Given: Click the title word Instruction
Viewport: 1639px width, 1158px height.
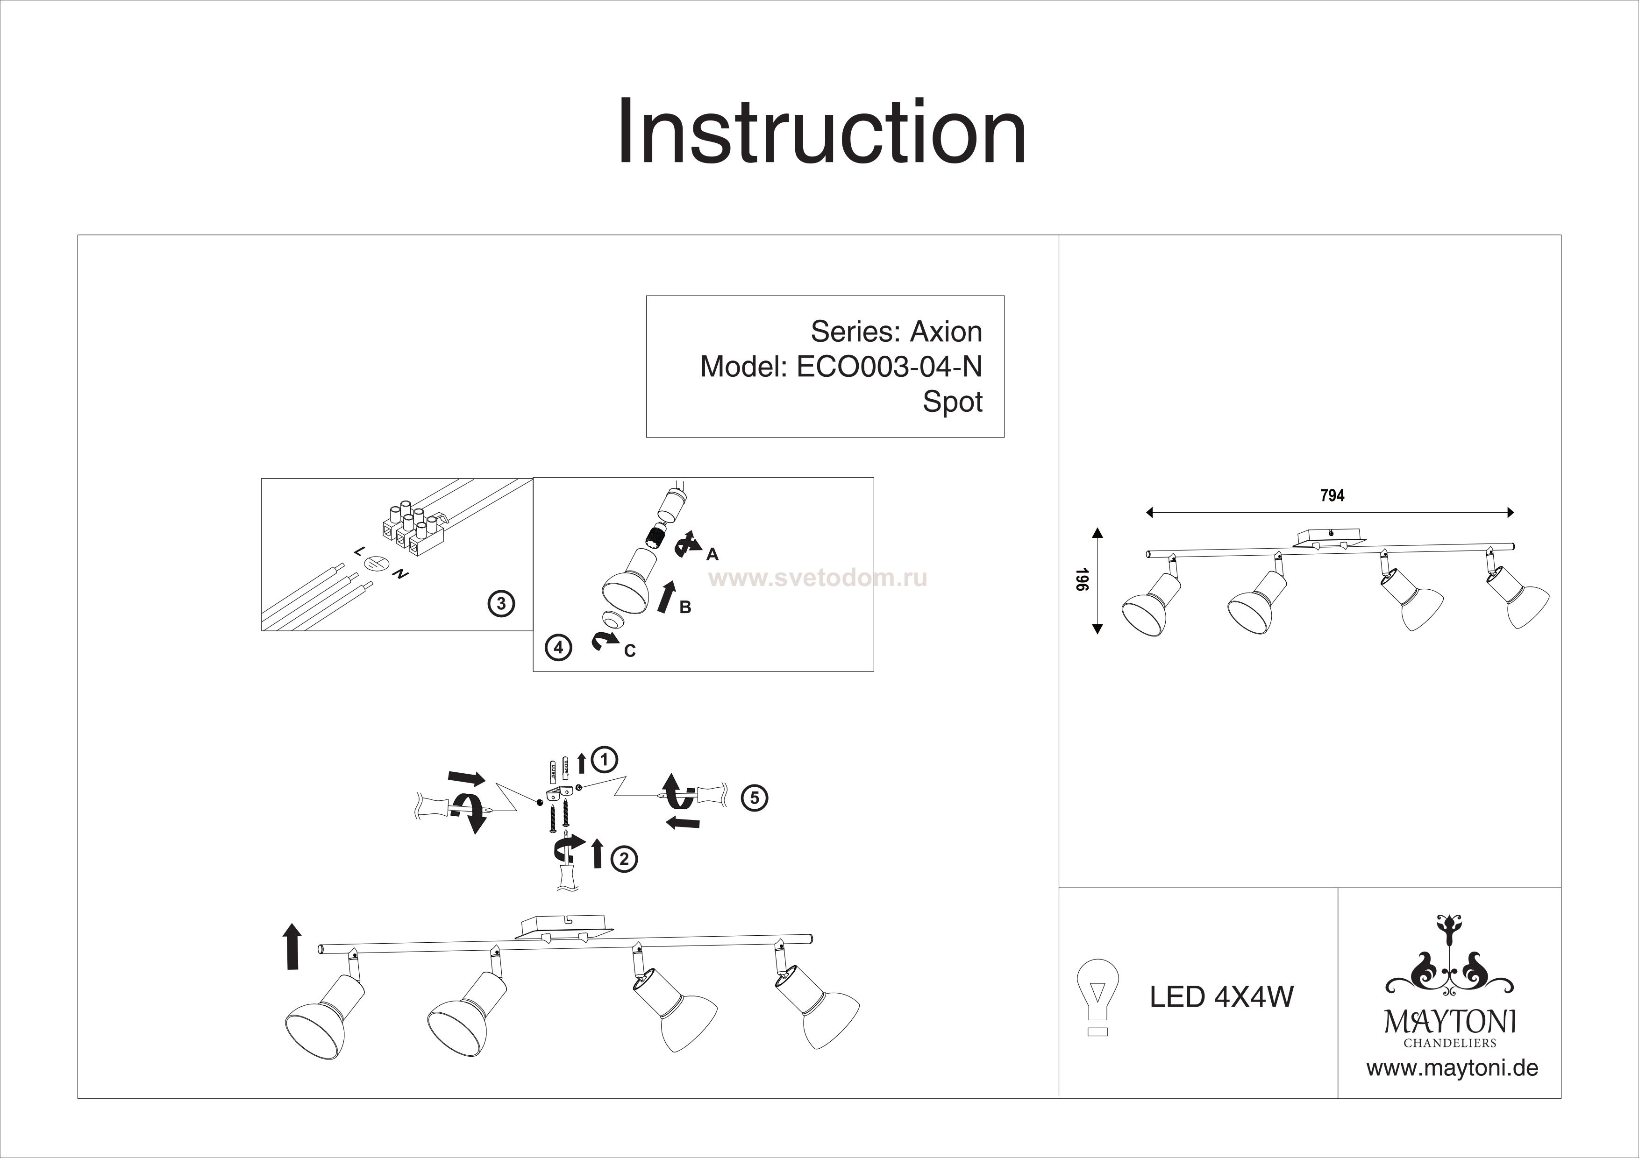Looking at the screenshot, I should [x=821, y=133].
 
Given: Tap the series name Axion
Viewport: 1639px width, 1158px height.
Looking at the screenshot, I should [x=946, y=332].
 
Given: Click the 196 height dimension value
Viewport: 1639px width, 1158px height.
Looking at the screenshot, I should [x=1082, y=579].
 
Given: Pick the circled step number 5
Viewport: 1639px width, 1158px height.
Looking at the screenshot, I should [x=755, y=798].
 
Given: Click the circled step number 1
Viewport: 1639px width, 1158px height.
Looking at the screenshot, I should [x=605, y=759].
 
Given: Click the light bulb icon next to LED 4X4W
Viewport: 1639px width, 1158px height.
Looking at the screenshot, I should [x=1097, y=996].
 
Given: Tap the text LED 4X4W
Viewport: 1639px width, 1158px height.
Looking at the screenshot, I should [x=1221, y=997].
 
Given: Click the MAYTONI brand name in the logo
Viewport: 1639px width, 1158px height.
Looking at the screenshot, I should [x=1449, y=1023].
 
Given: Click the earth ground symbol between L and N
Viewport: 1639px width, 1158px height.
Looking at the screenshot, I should [x=376, y=563].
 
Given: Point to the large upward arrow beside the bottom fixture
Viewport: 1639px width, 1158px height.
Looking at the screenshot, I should [x=292, y=946].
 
